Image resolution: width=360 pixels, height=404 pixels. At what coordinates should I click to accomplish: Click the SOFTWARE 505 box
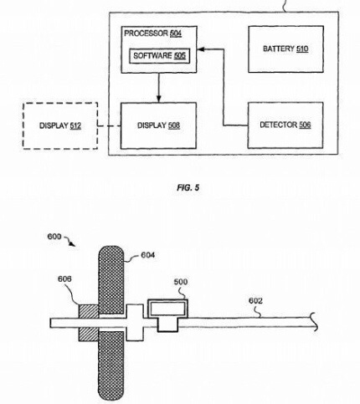pyautogui.click(x=160, y=56)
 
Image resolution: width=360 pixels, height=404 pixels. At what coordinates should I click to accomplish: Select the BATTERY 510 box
pyautogui.click(x=285, y=49)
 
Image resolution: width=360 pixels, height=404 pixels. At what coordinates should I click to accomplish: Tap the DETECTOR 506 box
pyautogui.click(x=285, y=125)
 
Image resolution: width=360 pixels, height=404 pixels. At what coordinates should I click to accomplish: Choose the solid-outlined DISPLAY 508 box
pyautogui.click(x=158, y=125)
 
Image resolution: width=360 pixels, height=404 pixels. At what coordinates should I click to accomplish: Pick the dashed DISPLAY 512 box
pyautogui.click(x=60, y=125)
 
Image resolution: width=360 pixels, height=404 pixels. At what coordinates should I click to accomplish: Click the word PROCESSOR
pyautogui.click(x=146, y=33)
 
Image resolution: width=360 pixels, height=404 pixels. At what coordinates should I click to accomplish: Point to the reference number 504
pyautogui.click(x=176, y=33)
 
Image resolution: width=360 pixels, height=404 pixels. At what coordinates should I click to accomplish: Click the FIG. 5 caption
pyautogui.click(x=188, y=187)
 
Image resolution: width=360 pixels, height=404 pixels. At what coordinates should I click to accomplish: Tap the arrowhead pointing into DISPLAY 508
pyautogui.click(x=158, y=99)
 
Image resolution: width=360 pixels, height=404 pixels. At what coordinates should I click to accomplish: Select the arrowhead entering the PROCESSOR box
pyautogui.click(x=201, y=49)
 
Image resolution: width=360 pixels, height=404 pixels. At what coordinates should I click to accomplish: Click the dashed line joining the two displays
pyautogui.click(x=109, y=126)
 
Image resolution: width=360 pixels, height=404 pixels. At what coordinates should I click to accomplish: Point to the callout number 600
pyautogui.click(x=54, y=237)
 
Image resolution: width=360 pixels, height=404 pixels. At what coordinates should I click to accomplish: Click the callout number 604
pyautogui.click(x=147, y=255)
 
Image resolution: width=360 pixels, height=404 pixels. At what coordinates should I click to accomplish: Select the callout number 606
pyautogui.click(x=64, y=279)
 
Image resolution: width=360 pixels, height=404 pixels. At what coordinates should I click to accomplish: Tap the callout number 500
pyautogui.click(x=181, y=282)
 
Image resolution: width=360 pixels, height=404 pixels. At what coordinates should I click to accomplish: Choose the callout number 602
pyautogui.click(x=255, y=300)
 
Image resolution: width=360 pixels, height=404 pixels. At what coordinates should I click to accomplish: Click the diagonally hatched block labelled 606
pyautogui.click(x=89, y=323)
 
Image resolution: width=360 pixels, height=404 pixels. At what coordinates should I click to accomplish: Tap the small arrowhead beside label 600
pyautogui.click(x=73, y=244)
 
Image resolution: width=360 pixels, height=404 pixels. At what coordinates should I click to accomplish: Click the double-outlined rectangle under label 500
pyautogui.click(x=167, y=309)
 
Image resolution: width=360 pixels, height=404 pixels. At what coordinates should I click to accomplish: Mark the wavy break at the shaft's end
pyautogui.click(x=314, y=322)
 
